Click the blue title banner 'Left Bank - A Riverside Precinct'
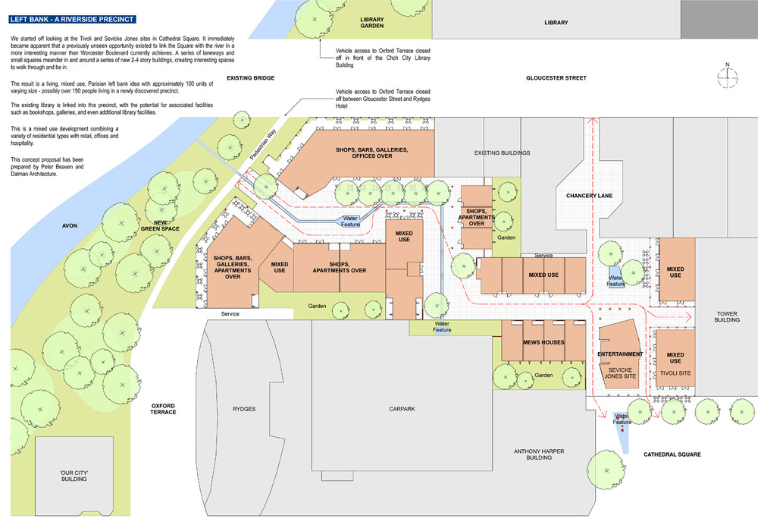pyautogui.click(x=72, y=20)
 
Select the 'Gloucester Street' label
pyautogui.click(x=556, y=78)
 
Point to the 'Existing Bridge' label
pyautogui.click(x=250, y=78)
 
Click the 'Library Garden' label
pyautogui.click(x=371, y=23)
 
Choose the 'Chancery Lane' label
pyautogui.click(x=589, y=196)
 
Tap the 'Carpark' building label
pyautogui.click(x=402, y=409)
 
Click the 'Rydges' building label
pyautogui.click(x=243, y=409)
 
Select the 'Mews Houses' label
pyautogui.click(x=543, y=342)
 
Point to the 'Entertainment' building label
pyautogui.click(x=620, y=354)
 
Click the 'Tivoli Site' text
pyautogui.click(x=675, y=373)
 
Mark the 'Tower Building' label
pyautogui.click(x=727, y=317)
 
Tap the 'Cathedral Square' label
pyautogui.click(x=672, y=454)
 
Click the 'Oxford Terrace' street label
pyautogui.click(x=163, y=409)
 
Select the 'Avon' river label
pyautogui.click(x=70, y=226)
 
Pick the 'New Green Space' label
pyautogui.click(x=160, y=226)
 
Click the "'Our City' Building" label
pyautogui.click(x=74, y=476)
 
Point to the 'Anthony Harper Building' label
pyautogui.click(x=538, y=454)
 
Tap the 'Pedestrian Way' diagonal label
pyautogui.click(x=263, y=144)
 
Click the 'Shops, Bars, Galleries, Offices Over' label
pyautogui.click(x=371, y=153)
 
